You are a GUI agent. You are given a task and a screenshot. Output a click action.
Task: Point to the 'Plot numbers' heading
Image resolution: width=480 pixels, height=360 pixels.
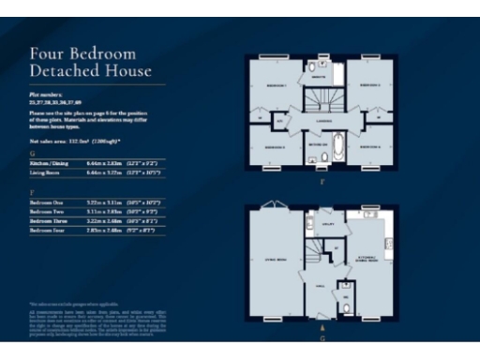(x=47, y=95)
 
